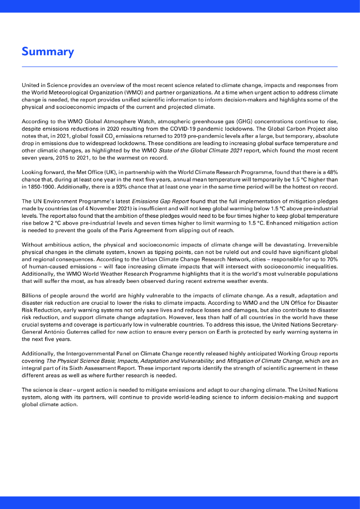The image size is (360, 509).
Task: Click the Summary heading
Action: [48, 52]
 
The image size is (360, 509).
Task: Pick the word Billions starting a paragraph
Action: [31, 295]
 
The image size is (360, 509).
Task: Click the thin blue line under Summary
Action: [180, 67]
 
